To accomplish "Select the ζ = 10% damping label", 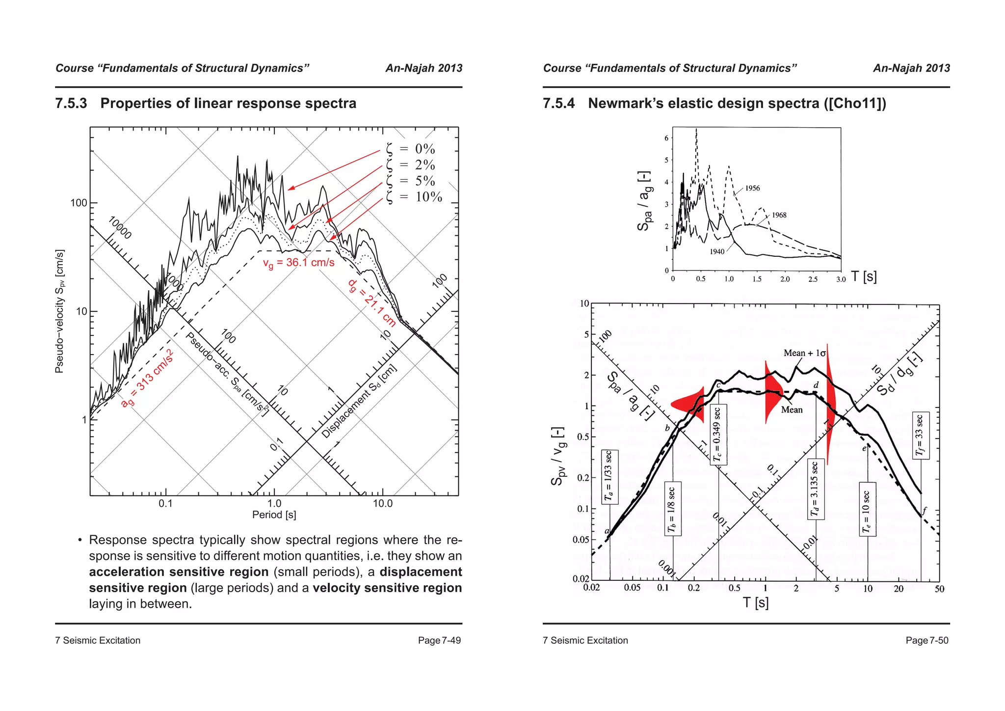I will pos(415,197).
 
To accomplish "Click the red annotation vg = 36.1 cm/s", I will pos(298,263).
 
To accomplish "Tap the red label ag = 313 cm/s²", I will pos(147,379).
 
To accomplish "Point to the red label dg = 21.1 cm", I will pos(372,303).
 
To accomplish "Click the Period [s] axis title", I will pos(274,515).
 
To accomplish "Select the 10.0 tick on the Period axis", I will pos(383,504).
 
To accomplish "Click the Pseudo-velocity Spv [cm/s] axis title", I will pos(59,311).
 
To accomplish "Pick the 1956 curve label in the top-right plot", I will pos(752,188).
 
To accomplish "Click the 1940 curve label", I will pos(717,251).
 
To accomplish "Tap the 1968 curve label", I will pos(779,215).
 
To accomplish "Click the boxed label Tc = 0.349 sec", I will pos(718,434).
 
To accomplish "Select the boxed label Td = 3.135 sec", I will pos(815,489).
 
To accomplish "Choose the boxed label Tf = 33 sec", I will pos(920,435).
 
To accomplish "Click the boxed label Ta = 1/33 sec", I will pos(609,476).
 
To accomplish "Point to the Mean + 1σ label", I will pos(804,353).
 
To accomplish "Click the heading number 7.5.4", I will pos(558,104).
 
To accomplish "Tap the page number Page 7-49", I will pos(439,640).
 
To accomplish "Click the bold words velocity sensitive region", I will pos(387,588).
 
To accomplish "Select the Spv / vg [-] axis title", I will pos(558,456).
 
